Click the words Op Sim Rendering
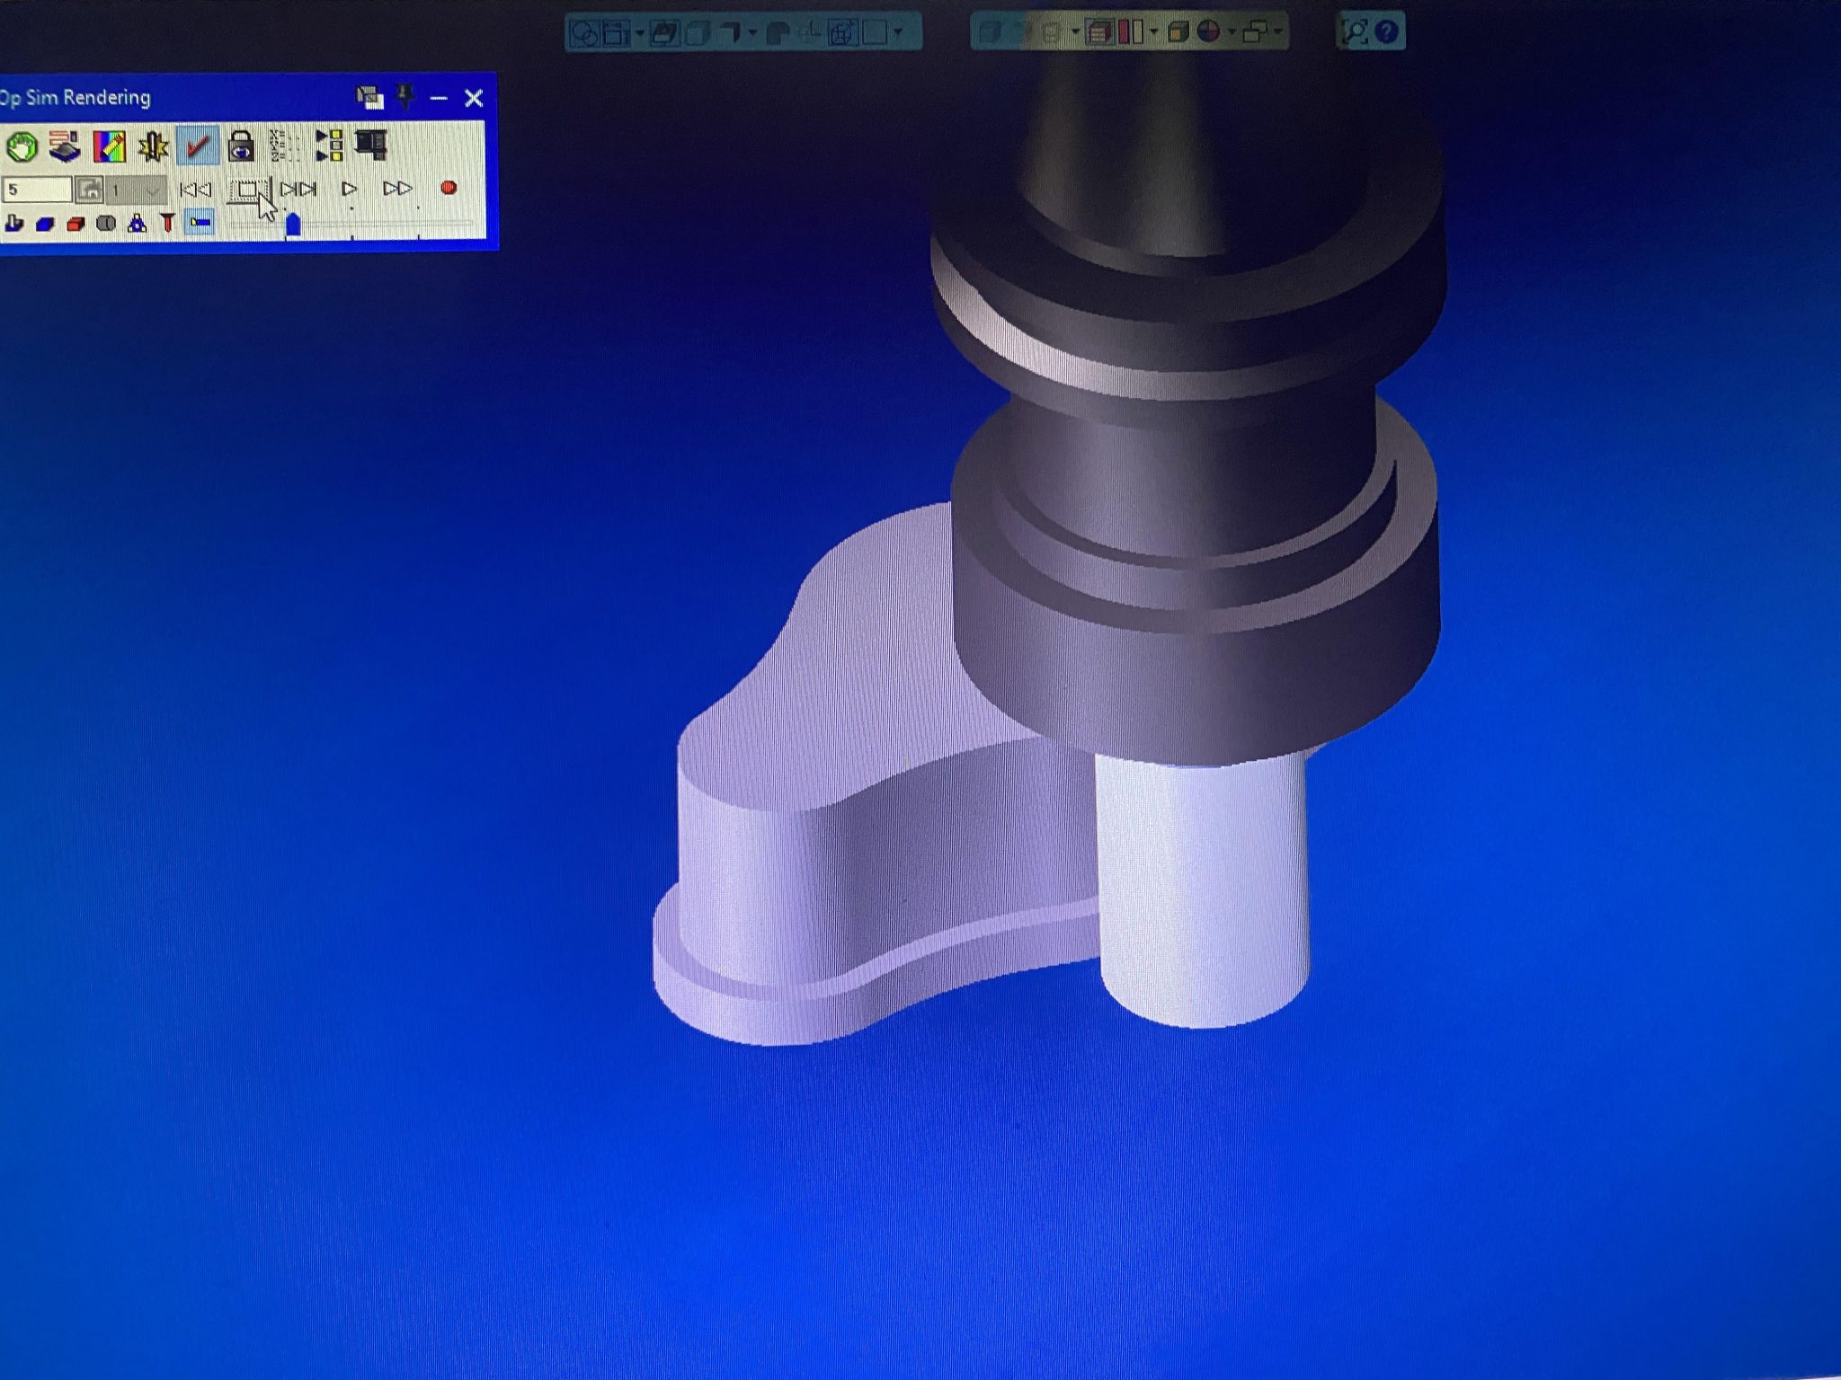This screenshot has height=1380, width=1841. tap(76, 98)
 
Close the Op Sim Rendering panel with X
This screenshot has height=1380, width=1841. tap(474, 98)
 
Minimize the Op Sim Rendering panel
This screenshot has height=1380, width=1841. tap(439, 98)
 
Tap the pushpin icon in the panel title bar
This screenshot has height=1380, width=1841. tap(405, 96)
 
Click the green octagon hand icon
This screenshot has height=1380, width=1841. tap(22, 146)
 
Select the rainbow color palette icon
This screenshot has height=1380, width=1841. tap(109, 146)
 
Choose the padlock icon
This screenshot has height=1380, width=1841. tap(241, 146)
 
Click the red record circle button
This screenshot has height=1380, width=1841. tap(449, 188)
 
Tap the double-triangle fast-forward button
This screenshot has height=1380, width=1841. tap(397, 189)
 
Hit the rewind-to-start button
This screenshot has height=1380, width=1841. tap(195, 190)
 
